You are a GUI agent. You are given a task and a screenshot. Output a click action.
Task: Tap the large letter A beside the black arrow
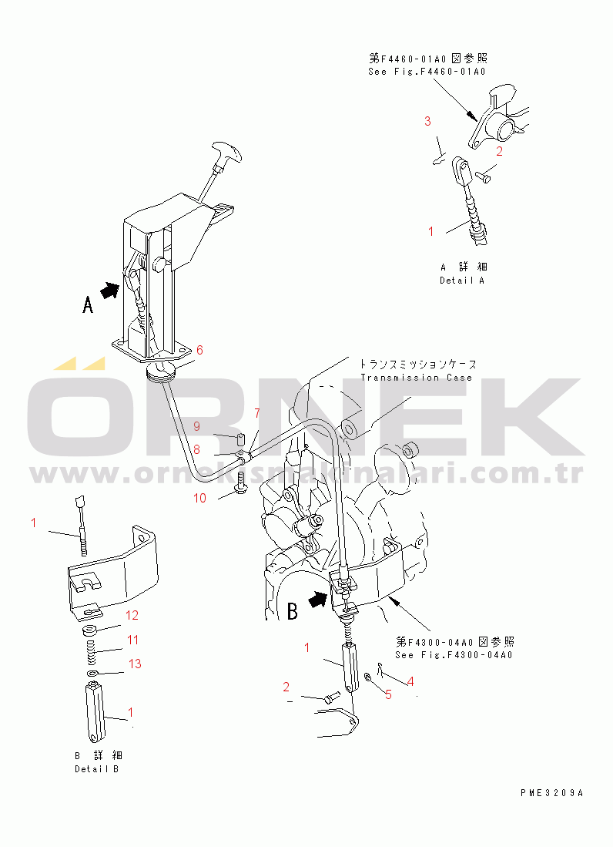pyautogui.click(x=89, y=305)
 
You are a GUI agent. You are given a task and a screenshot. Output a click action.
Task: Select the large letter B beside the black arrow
pyautogui.click(x=292, y=612)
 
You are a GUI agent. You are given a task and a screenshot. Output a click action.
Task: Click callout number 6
pyautogui.click(x=199, y=350)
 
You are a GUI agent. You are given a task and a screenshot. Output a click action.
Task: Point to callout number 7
pyautogui.click(x=257, y=414)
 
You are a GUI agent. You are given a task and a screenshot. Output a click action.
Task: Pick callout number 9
pyautogui.click(x=196, y=426)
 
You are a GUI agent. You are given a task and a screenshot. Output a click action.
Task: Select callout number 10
pyautogui.click(x=199, y=498)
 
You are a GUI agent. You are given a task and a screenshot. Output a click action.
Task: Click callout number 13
pyautogui.click(x=135, y=664)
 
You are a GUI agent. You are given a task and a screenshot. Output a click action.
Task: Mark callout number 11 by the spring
pyautogui.click(x=132, y=640)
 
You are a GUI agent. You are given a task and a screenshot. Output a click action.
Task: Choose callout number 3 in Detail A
pyautogui.click(x=427, y=121)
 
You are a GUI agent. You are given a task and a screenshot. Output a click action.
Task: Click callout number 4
pyautogui.click(x=410, y=681)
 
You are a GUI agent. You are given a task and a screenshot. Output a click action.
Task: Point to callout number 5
pyautogui.click(x=388, y=694)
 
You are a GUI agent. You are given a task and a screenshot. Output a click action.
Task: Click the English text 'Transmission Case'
pyautogui.click(x=417, y=378)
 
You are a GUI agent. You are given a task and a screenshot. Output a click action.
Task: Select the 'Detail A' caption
pyautogui.click(x=462, y=281)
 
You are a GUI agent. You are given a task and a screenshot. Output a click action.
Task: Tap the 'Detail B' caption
pyautogui.click(x=97, y=769)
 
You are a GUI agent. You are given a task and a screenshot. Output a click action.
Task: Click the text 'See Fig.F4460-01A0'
pyautogui.click(x=427, y=72)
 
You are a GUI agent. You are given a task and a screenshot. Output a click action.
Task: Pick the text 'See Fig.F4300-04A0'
pyautogui.click(x=454, y=654)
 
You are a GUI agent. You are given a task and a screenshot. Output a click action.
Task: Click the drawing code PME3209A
pyautogui.click(x=551, y=792)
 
